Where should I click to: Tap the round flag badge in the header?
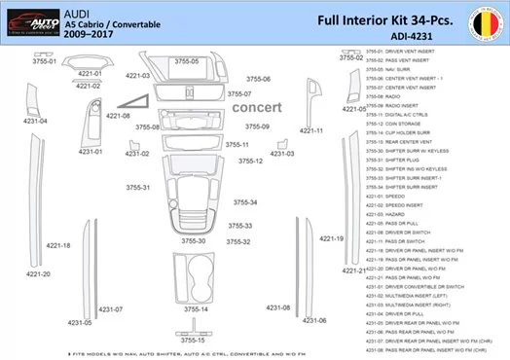click(x=487, y=20)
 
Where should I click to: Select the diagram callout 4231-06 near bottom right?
click(x=314, y=320)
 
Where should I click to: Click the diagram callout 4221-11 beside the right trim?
click(x=312, y=129)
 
